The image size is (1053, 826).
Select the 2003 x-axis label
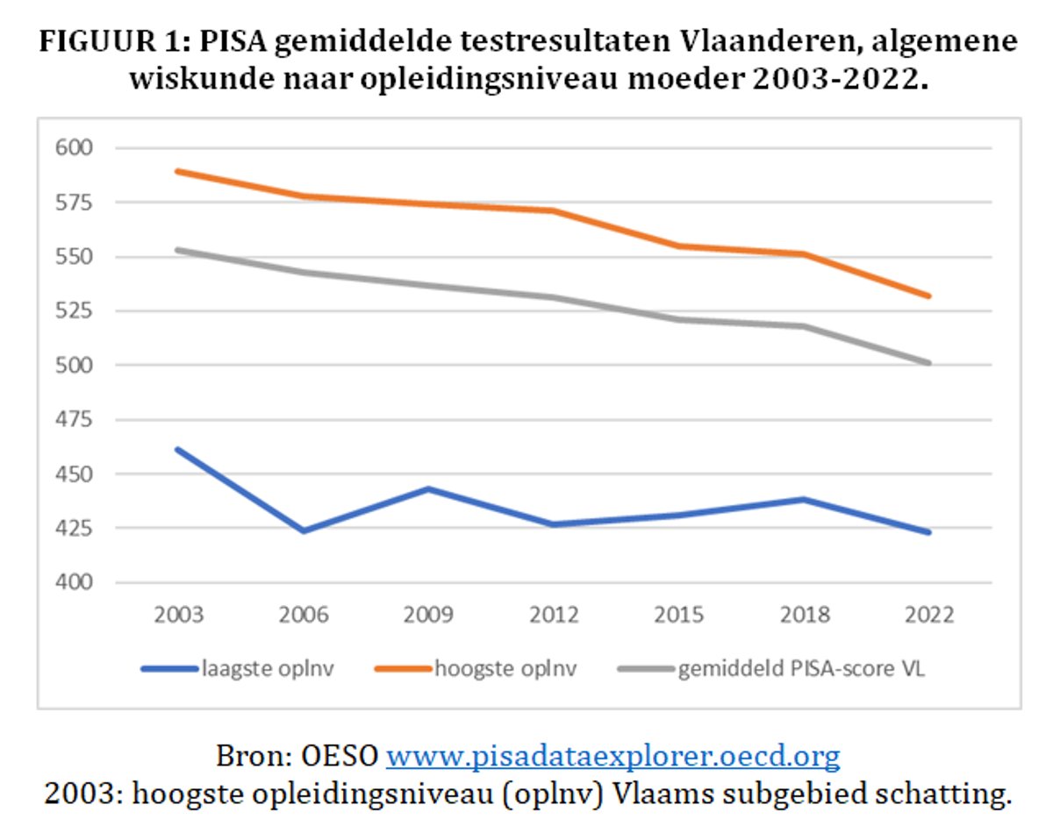[x=178, y=614]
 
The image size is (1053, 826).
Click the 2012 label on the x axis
[x=554, y=614]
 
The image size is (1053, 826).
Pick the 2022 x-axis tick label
[x=928, y=614]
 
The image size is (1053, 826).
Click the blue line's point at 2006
[x=304, y=530]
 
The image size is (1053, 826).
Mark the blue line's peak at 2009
[x=429, y=488]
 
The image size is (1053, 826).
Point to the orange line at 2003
[x=178, y=171]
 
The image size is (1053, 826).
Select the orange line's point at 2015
[x=679, y=246]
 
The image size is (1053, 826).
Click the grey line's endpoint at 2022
[x=928, y=362]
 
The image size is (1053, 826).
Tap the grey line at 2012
[x=554, y=297]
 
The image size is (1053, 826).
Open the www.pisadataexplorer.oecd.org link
[x=612, y=755]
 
